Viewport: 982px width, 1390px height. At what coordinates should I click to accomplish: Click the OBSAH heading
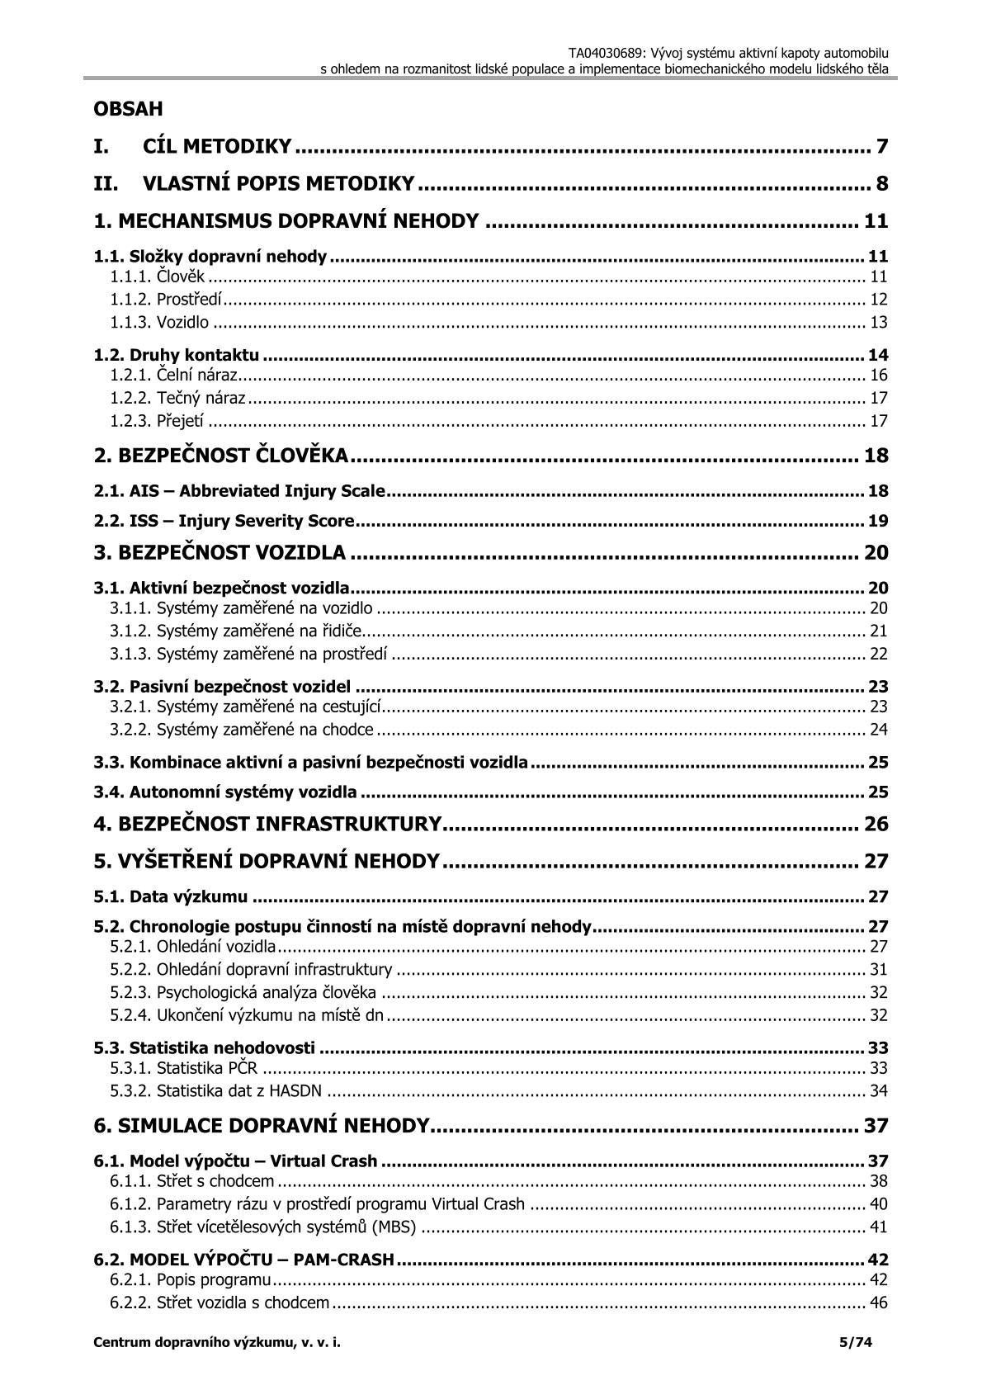pyautogui.click(x=128, y=109)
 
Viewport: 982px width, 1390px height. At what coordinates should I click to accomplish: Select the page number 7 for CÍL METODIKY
pyautogui.click(x=881, y=147)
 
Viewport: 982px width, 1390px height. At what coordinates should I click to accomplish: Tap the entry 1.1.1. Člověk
pyautogui.click(x=158, y=277)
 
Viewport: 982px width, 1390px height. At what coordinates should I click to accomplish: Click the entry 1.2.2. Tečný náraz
pyautogui.click(x=177, y=398)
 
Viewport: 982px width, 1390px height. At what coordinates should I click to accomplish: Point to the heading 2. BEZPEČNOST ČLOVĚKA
pyautogui.click(x=220, y=456)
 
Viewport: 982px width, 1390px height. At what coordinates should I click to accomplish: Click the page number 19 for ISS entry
pyautogui.click(x=878, y=521)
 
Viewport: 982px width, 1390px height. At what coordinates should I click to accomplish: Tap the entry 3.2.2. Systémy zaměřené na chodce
pyautogui.click(x=242, y=730)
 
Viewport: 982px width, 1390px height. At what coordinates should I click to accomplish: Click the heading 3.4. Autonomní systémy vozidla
pyautogui.click(x=225, y=792)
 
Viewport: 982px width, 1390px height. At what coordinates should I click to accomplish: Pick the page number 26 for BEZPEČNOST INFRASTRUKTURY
pyautogui.click(x=876, y=824)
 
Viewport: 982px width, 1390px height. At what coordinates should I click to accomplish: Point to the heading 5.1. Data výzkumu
pyautogui.click(x=171, y=896)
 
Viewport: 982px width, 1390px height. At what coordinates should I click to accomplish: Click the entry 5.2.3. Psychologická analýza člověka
pyautogui.click(x=243, y=992)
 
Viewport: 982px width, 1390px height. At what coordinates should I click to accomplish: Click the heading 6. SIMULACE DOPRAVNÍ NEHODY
pyautogui.click(x=262, y=1126)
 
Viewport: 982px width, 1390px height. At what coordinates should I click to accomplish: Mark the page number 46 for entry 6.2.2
pyautogui.click(x=878, y=1303)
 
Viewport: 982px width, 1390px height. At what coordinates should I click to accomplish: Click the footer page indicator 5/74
pyautogui.click(x=855, y=1342)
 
